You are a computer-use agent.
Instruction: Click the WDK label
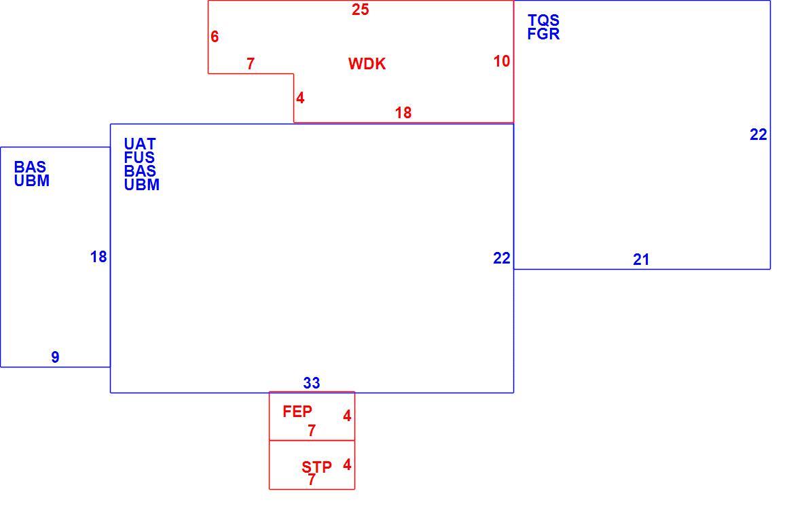tap(367, 64)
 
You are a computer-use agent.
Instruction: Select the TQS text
tap(543, 20)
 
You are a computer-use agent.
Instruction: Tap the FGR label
tap(543, 34)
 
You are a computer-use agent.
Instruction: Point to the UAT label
tap(139, 143)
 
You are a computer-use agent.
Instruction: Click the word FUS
tap(139, 158)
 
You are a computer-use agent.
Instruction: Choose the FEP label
tap(297, 411)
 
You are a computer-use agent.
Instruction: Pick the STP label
tap(316, 467)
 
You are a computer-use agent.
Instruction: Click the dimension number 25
tap(360, 10)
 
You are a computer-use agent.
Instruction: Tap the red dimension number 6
tap(215, 37)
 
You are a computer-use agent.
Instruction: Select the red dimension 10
tap(501, 61)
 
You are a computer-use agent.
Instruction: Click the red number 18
tap(403, 113)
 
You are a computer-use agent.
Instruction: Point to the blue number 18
tap(98, 256)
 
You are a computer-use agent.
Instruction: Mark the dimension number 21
tap(641, 259)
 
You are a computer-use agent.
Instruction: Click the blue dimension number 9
tap(55, 357)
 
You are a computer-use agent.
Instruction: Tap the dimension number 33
tap(311, 382)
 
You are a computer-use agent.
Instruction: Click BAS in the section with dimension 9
tap(30, 166)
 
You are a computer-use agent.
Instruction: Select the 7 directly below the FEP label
tap(311, 431)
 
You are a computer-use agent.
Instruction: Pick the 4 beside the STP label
tap(346, 465)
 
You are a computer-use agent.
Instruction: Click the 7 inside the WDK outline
tap(250, 64)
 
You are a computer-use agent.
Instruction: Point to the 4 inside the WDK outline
tap(300, 97)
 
